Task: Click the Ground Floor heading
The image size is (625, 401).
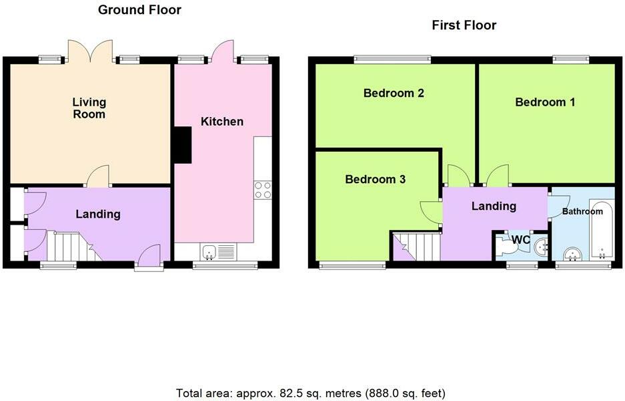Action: click(x=139, y=9)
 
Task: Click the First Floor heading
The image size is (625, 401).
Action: click(x=464, y=25)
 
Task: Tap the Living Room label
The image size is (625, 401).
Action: click(x=89, y=108)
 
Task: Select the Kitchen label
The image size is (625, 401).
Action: click(x=222, y=121)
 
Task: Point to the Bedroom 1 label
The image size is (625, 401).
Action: click(x=545, y=102)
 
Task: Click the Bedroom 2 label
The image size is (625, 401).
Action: click(x=394, y=93)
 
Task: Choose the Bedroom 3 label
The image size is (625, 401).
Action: click(x=375, y=179)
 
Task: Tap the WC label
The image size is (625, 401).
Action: click(x=520, y=240)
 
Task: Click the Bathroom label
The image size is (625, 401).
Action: click(x=582, y=211)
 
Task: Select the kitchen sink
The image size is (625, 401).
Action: click(x=218, y=252)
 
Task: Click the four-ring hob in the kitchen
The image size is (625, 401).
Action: click(x=263, y=190)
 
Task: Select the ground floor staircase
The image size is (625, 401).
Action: click(x=75, y=247)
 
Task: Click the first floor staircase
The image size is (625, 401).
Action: click(x=416, y=247)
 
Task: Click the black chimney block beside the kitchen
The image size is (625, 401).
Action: click(x=182, y=145)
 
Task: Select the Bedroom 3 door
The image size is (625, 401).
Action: click(x=432, y=212)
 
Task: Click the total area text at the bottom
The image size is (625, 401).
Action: click(x=311, y=393)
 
